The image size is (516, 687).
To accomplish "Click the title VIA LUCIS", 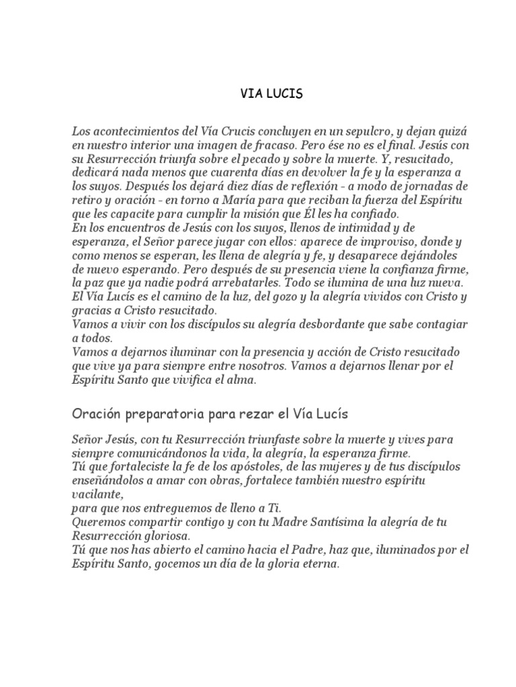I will [271, 95].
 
